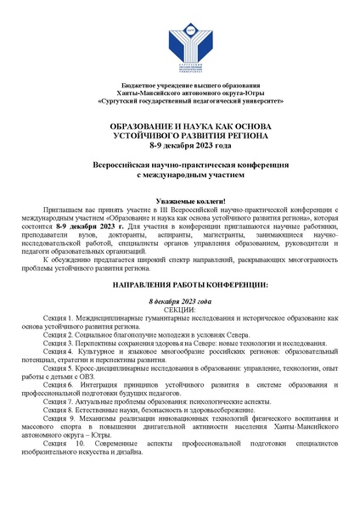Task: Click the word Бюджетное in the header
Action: pyautogui.click(x=141, y=88)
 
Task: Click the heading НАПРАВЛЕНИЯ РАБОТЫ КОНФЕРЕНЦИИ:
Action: pyautogui.click(x=179, y=287)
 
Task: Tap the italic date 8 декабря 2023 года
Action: pyautogui.click(x=179, y=303)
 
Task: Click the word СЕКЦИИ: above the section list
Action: pyautogui.click(x=179, y=311)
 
